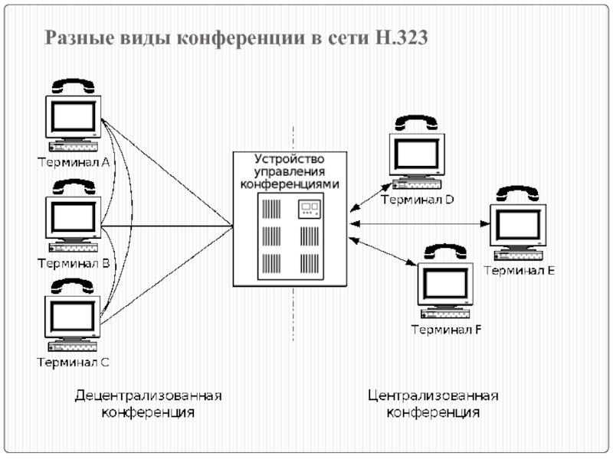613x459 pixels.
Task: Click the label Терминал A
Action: click(x=74, y=161)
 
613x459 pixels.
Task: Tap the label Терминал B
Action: click(x=74, y=264)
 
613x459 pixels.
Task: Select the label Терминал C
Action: click(x=74, y=362)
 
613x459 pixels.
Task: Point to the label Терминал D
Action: click(x=417, y=200)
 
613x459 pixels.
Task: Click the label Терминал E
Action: click(x=519, y=270)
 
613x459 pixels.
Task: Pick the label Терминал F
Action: click(x=446, y=330)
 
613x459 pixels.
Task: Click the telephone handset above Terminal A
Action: click(x=74, y=85)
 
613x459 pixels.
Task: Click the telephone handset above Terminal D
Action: click(x=416, y=122)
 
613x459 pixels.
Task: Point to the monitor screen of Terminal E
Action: click(x=519, y=226)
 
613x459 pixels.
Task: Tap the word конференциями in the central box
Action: click(x=290, y=184)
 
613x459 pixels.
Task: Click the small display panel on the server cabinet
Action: click(x=309, y=207)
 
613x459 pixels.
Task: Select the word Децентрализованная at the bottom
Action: click(x=148, y=396)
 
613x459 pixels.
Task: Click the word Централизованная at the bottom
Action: click(x=433, y=396)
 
